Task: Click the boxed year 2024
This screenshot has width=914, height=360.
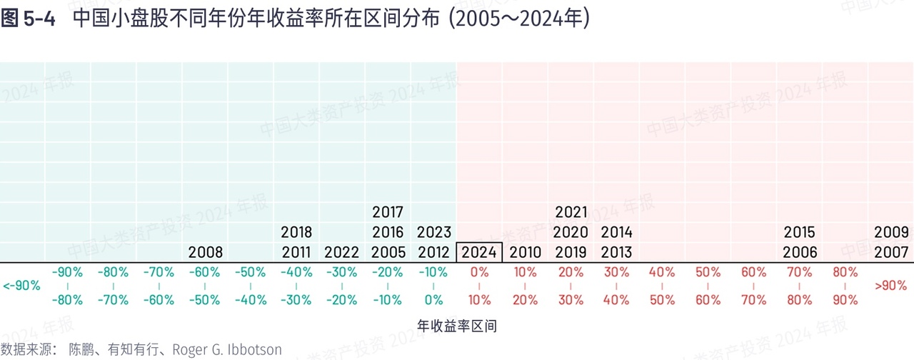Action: tap(479, 252)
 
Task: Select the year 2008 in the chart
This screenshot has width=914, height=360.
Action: tap(206, 252)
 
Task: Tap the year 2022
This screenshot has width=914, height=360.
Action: tap(342, 252)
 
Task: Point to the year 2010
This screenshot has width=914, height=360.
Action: tap(525, 252)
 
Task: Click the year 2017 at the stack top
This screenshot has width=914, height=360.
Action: tap(388, 212)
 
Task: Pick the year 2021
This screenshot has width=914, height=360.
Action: tap(571, 212)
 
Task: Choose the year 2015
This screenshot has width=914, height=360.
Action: tap(799, 232)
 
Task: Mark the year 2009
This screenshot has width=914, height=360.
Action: tap(891, 232)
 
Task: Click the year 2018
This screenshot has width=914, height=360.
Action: tap(296, 232)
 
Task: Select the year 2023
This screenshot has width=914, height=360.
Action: tap(433, 232)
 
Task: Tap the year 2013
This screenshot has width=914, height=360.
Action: tap(616, 252)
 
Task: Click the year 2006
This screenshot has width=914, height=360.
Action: tap(799, 252)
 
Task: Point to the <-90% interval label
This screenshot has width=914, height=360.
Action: tap(21, 286)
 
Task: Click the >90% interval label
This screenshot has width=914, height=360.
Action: tap(891, 286)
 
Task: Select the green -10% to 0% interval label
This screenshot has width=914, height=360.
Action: tap(433, 286)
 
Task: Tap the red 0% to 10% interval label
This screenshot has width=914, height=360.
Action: tap(479, 286)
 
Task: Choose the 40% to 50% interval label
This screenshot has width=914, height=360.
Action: tap(662, 286)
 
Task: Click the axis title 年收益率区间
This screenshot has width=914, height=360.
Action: tap(456, 326)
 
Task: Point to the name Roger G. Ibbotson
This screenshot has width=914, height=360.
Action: tap(227, 350)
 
